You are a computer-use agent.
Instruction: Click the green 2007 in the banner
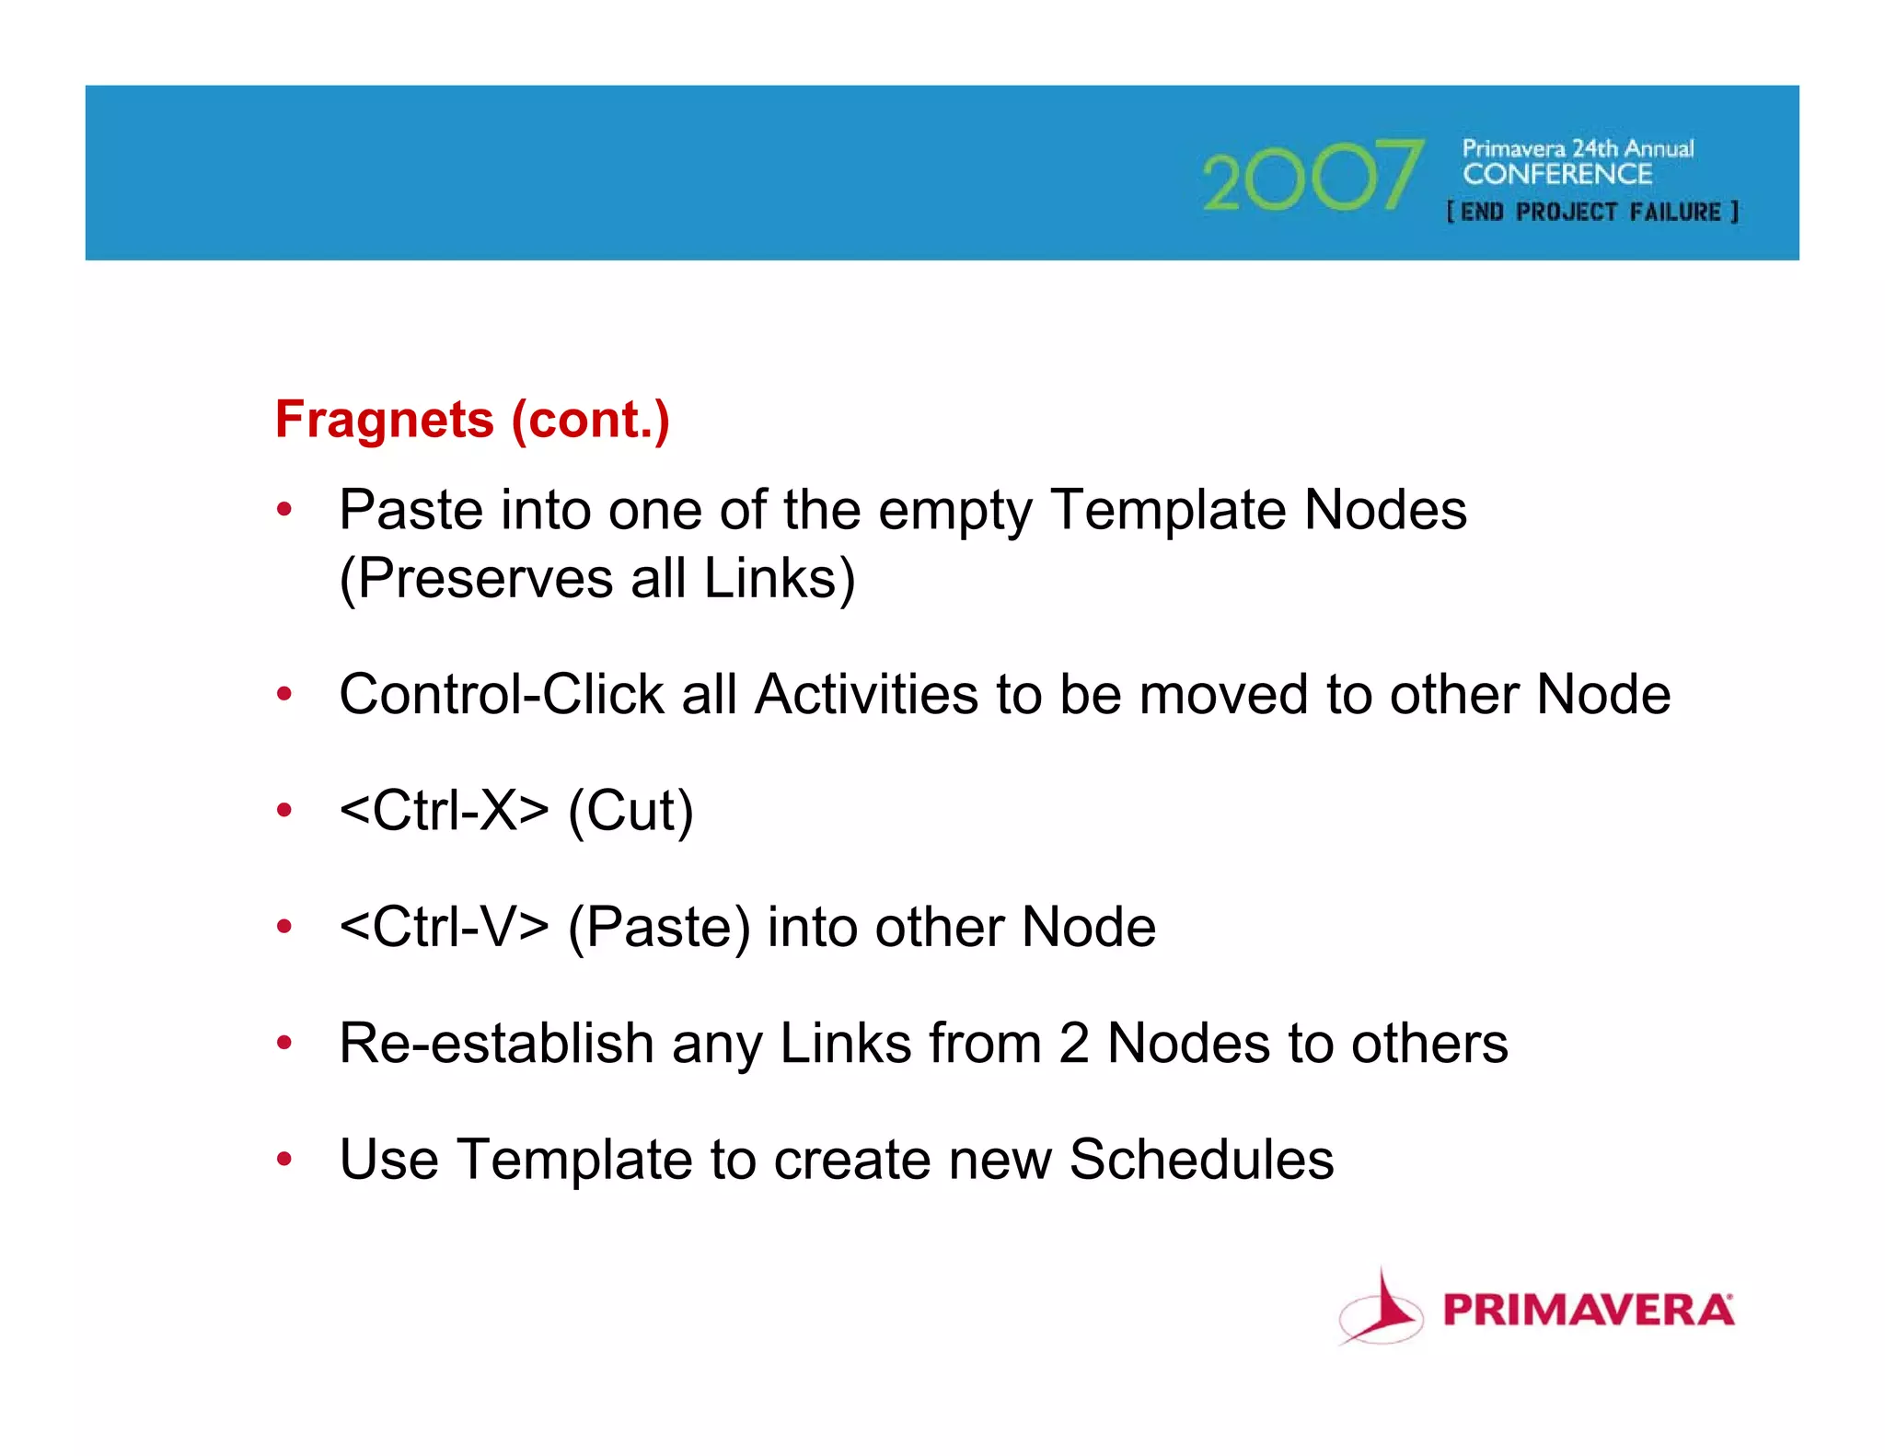pyautogui.click(x=1313, y=176)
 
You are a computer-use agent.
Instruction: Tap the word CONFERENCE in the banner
pyautogui.click(x=1557, y=174)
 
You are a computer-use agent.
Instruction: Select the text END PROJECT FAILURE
pyautogui.click(x=1592, y=213)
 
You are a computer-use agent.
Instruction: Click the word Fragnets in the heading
pyautogui.click(x=385, y=421)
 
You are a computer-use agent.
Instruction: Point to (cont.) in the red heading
pyautogui.click(x=590, y=421)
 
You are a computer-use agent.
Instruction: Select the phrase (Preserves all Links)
pyautogui.click(x=597, y=579)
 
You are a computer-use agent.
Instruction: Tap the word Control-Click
pyautogui.click(x=501, y=694)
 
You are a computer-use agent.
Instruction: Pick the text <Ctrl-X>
pyautogui.click(x=444, y=811)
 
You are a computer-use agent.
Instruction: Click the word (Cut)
pyautogui.click(x=630, y=811)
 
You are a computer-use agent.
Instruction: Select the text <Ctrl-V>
pyautogui.click(x=444, y=927)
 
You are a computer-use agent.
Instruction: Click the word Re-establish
pyautogui.click(x=496, y=1044)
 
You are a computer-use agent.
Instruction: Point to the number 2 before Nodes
pyautogui.click(x=1073, y=1044)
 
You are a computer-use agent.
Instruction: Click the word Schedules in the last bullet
pyautogui.click(x=1201, y=1160)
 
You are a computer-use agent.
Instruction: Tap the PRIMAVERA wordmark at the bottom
pyautogui.click(x=1589, y=1310)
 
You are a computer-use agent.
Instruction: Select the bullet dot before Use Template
pyautogui.click(x=284, y=1160)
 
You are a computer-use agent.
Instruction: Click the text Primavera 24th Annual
pyautogui.click(x=1578, y=148)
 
